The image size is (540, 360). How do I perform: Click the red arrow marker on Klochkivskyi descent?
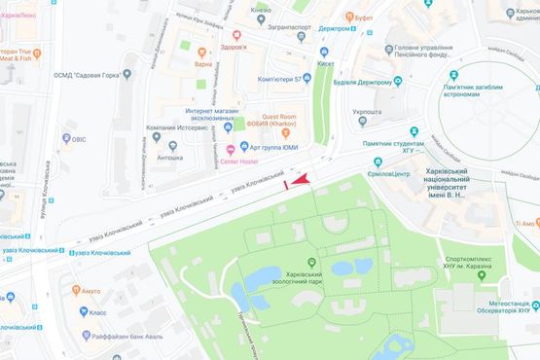pyautogui.click(x=301, y=180)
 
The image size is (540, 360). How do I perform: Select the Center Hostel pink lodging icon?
pyautogui.click(x=231, y=149)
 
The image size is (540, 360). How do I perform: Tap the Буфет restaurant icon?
pyautogui.click(x=371, y=16)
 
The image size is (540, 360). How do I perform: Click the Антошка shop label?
pyautogui.click(x=170, y=157)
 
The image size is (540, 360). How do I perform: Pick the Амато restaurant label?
pyautogui.click(x=90, y=290)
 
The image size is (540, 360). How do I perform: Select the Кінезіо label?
pyautogui.click(x=261, y=10)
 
